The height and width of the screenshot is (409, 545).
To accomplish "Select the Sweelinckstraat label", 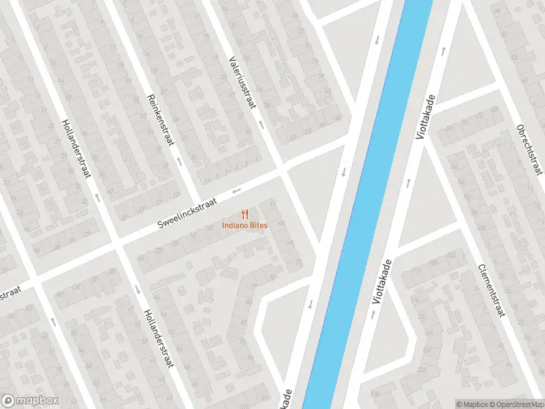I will [x=187, y=214].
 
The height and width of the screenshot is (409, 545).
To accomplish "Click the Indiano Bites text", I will [x=245, y=226].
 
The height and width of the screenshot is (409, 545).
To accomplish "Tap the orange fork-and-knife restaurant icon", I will [x=245, y=214].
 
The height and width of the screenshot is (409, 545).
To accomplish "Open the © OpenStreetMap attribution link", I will [x=515, y=404].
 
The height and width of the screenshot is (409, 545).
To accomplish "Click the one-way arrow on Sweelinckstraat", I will [x=236, y=190].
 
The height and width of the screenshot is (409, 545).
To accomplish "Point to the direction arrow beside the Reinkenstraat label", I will [x=180, y=162].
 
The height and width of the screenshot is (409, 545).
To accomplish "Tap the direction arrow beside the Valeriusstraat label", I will [x=260, y=125].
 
